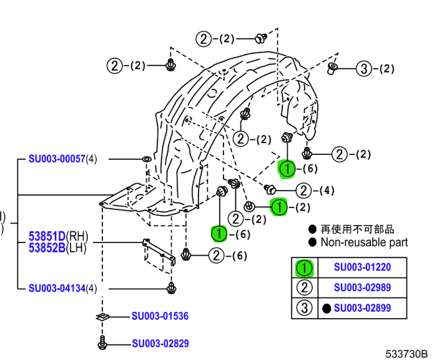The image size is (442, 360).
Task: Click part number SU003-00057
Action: tap(57, 159)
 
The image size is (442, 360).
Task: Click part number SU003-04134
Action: tap(57, 288)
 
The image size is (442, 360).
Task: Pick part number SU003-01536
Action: tap(160, 316)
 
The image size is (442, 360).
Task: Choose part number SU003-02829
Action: tap(160, 343)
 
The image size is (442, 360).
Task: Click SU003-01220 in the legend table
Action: tap(362, 267)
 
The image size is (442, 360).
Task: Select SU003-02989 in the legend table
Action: tap(362, 287)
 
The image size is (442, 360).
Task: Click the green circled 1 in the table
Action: tap(304, 268)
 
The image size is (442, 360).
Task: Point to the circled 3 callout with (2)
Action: tap(364, 69)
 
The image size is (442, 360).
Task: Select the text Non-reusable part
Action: tap(364, 242)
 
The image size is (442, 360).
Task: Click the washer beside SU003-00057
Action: tap(145, 159)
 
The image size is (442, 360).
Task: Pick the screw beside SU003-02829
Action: tap(103, 342)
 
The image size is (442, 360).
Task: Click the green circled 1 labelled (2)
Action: tap(279, 206)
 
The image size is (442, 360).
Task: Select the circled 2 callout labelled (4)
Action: tap(303, 191)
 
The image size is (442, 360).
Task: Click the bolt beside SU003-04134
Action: tap(171, 287)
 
